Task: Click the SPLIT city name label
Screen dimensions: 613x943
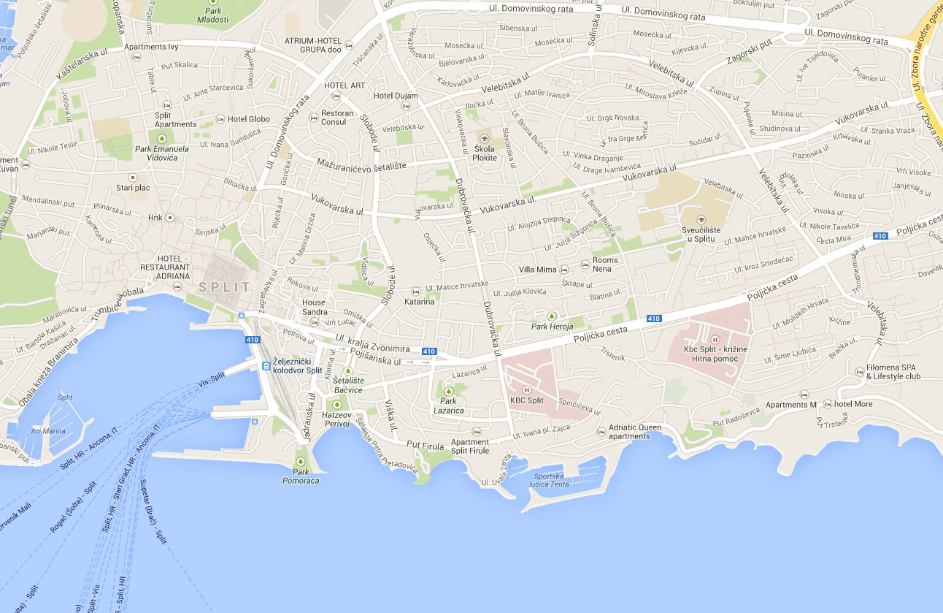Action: [225, 287]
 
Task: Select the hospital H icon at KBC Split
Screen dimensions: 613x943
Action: [526, 389]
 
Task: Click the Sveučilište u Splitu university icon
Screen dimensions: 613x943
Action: [701, 220]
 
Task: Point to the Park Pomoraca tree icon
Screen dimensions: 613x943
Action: [301, 461]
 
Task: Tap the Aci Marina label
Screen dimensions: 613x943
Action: [48, 431]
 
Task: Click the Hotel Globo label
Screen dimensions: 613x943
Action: [248, 119]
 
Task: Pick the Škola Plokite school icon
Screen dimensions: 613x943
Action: [484, 138]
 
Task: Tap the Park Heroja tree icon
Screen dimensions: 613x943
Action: [552, 316]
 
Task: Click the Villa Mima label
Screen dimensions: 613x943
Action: [537, 270]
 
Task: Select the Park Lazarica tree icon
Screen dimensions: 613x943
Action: [448, 391]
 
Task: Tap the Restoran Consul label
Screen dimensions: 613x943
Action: [338, 117]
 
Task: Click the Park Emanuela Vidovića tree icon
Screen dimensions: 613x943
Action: [161, 137]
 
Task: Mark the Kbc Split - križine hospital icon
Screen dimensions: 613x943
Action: [715, 339]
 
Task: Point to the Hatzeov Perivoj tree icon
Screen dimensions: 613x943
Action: [337, 404]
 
